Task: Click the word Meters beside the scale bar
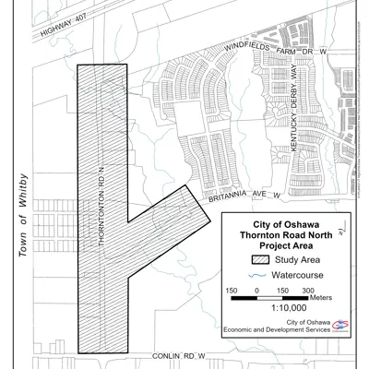(320, 298)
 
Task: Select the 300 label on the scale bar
(308, 290)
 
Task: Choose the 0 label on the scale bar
(256, 290)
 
